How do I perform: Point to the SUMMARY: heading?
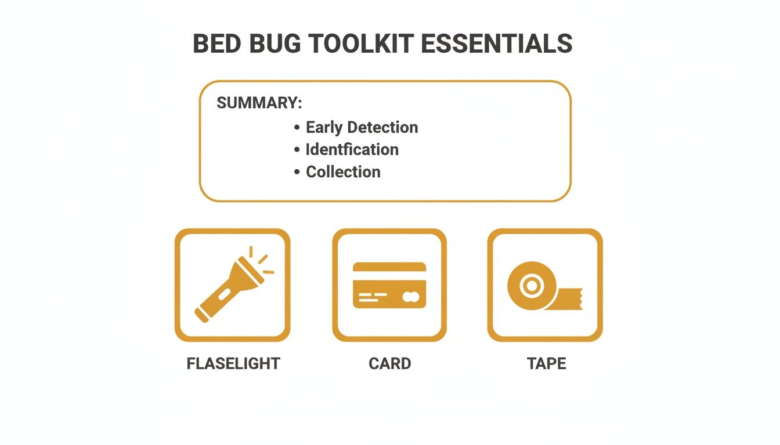(x=259, y=103)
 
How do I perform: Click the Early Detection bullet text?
(x=362, y=127)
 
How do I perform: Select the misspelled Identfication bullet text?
(x=352, y=149)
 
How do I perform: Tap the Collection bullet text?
(x=343, y=172)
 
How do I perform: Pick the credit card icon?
(x=389, y=285)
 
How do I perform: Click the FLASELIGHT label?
(x=233, y=364)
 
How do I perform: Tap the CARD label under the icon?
(x=389, y=364)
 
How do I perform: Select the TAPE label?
(x=546, y=364)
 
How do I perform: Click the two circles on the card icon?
(x=411, y=297)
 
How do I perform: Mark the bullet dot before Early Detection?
(x=297, y=127)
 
